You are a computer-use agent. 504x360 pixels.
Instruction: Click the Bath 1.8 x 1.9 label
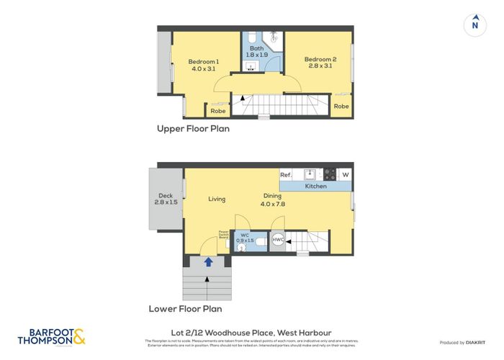[257, 51]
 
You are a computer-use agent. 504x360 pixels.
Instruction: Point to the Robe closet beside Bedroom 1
[217, 111]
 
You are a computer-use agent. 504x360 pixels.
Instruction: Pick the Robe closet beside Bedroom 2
[341, 106]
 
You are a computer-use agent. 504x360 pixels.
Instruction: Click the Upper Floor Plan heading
[193, 130]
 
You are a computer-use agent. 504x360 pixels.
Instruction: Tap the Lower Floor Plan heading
[185, 309]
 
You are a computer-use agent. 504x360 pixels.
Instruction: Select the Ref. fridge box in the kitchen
[285, 175]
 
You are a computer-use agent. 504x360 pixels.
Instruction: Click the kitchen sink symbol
[309, 174]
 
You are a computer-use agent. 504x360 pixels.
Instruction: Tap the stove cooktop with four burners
[329, 174]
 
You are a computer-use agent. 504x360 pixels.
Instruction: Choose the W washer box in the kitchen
[346, 175]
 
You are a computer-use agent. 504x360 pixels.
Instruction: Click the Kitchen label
[315, 186]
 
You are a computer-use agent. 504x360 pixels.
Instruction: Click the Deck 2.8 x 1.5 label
[165, 199]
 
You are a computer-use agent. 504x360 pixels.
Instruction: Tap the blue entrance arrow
[208, 262]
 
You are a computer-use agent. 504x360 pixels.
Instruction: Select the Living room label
[217, 199]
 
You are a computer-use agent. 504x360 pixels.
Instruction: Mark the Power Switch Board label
[223, 235]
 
